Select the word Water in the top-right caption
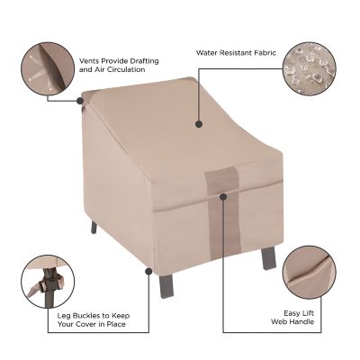pos(206,52)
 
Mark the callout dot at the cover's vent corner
pos(82,102)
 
